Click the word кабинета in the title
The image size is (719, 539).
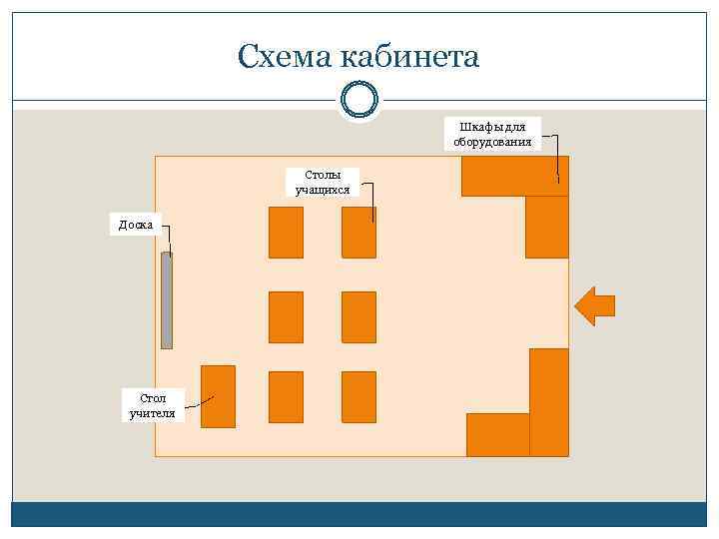click(409, 56)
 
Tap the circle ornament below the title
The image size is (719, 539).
click(359, 99)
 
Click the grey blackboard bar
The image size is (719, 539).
click(167, 299)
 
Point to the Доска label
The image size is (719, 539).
click(136, 225)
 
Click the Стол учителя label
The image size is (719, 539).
click(153, 405)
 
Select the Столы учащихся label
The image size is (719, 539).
click(323, 182)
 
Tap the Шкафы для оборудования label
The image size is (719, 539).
click(492, 134)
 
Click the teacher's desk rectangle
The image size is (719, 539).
click(218, 396)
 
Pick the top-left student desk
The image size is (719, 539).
click(286, 233)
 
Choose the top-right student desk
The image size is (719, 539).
click(359, 233)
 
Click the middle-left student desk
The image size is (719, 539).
click(286, 316)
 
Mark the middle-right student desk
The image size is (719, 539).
click(359, 316)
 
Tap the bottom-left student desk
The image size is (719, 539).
click(286, 396)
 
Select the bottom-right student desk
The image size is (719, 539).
click(359, 396)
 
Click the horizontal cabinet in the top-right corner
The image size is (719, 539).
click(514, 176)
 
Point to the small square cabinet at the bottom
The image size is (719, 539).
click(497, 434)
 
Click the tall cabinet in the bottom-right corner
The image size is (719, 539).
click(548, 402)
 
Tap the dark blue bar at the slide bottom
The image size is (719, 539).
click(359, 514)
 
